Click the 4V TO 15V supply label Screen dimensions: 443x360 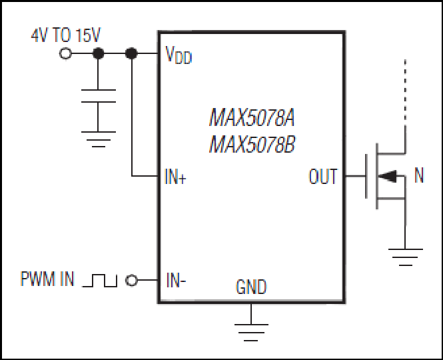[x=66, y=35]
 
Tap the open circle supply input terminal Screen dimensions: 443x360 [x=65, y=53]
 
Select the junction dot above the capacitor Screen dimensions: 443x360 [x=98, y=53]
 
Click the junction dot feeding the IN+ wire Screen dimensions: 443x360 [x=131, y=53]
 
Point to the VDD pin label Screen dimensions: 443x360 [x=179, y=55]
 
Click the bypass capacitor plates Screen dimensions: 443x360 [x=99, y=96]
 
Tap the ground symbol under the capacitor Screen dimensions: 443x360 [x=99, y=139]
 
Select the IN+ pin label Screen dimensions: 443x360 [x=175, y=177]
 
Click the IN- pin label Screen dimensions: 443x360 [x=176, y=280]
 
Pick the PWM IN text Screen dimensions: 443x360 [x=47, y=279]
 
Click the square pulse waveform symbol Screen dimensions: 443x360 [x=99, y=280]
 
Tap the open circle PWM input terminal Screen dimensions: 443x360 [x=131, y=280]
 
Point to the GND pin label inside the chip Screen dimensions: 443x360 [x=251, y=287]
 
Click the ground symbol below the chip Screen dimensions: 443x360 [x=251, y=332]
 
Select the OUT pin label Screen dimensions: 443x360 [x=323, y=177]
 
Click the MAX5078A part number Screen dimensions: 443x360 [x=252, y=117]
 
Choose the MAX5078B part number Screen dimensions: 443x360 [x=252, y=144]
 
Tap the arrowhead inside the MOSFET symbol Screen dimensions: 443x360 [x=387, y=176]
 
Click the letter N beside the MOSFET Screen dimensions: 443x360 [x=419, y=175]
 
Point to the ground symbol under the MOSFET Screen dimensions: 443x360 [x=406, y=257]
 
